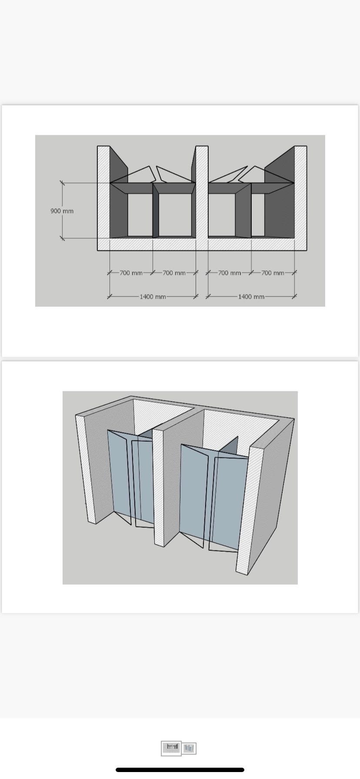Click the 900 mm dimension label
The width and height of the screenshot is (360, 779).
62,211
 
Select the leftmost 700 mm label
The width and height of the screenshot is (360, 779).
131,273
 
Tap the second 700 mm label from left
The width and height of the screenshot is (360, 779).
174,273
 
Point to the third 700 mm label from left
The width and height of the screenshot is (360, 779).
230,273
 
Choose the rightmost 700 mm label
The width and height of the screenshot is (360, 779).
273,273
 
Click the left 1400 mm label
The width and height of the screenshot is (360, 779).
153,296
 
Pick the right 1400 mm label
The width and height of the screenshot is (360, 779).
251,296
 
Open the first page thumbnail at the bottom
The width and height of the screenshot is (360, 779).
171,748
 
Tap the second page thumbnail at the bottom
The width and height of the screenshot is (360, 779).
189,748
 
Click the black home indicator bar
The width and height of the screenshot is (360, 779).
180,769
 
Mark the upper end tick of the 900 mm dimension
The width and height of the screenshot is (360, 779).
62,183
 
